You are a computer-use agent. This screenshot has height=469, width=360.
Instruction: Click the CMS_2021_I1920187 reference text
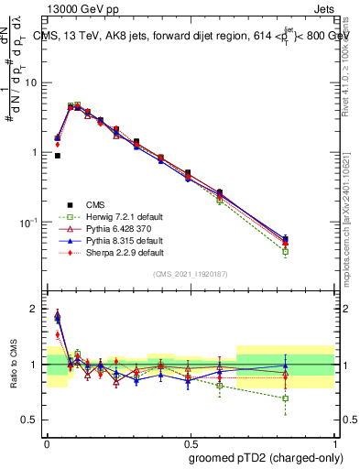pyautogui.click(x=190, y=274)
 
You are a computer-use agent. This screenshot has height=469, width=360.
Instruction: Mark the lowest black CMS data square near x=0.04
pyautogui.click(x=57, y=156)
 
